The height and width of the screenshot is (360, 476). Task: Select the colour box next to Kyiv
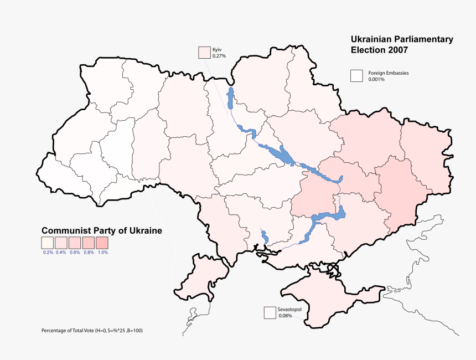[x=205, y=53]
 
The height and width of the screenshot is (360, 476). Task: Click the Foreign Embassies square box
[x=356, y=76]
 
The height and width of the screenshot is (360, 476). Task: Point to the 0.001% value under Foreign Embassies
[x=376, y=80]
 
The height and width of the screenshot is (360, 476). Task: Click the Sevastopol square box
[x=270, y=313]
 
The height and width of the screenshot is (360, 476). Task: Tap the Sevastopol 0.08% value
[x=285, y=316]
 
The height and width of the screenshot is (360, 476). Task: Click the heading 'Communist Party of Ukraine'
[x=102, y=231]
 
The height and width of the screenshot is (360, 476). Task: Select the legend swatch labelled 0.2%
[x=48, y=243]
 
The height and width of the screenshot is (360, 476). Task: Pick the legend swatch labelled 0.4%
[x=61, y=243]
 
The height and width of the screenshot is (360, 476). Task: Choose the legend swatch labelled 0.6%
[x=75, y=243]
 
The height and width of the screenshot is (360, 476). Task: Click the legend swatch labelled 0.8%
[x=88, y=243]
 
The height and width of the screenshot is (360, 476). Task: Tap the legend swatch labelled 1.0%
[x=102, y=243]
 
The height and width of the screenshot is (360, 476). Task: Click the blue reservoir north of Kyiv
[x=230, y=97]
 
